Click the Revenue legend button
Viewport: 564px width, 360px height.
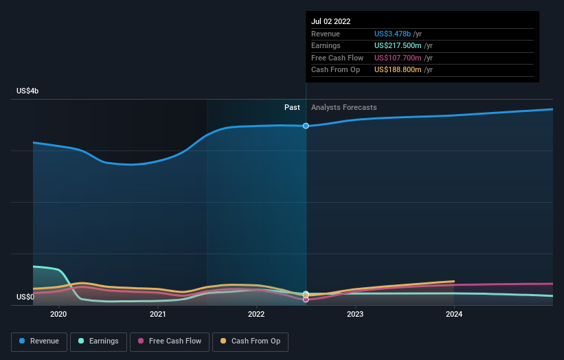pos(39,341)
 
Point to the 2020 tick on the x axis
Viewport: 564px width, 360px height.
pos(58,314)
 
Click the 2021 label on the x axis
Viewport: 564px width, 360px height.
pos(157,314)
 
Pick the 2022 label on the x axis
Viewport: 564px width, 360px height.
pos(256,314)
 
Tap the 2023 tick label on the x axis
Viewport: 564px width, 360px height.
pos(355,314)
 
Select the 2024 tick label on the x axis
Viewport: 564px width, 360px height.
pos(454,314)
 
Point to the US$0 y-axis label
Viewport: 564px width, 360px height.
pos(25,297)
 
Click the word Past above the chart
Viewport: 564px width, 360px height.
pos(293,107)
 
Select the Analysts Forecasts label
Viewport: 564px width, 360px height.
pos(343,107)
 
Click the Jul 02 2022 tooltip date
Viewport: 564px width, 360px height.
pos(331,21)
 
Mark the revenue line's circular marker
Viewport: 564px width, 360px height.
pos(306,126)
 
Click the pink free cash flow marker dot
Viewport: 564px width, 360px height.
pos(306,300)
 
